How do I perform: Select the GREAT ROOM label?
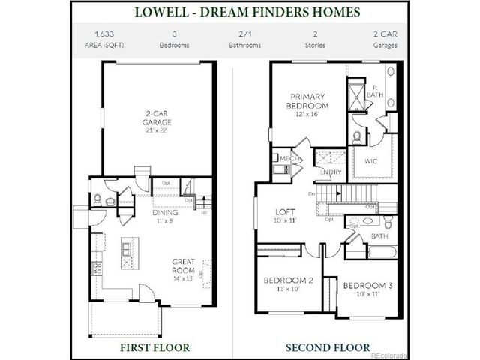pos(184,268)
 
